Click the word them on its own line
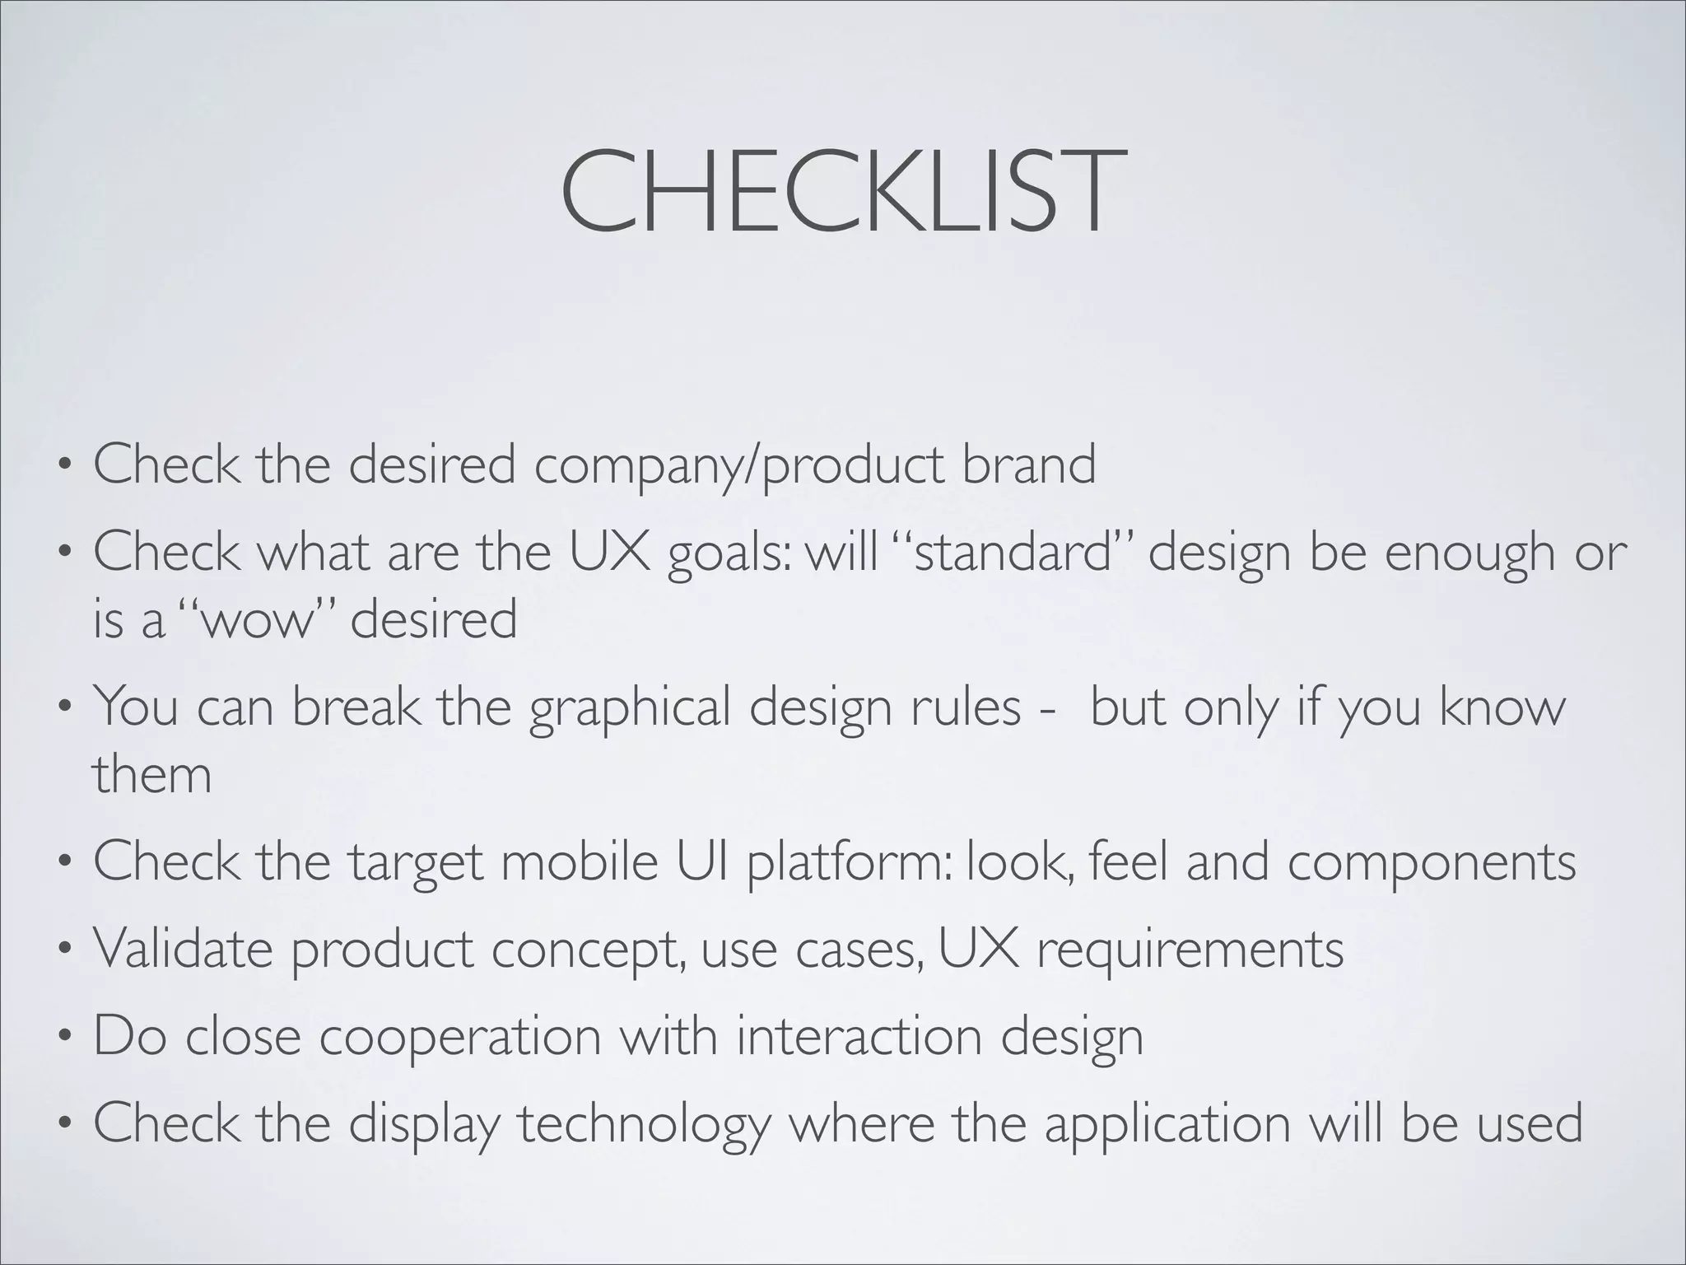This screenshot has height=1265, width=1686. click(151, 774)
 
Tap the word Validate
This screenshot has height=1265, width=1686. click(182, 948)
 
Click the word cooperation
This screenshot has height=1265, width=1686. click(460, 1037)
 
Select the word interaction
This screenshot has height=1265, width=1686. click(859, 1035)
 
